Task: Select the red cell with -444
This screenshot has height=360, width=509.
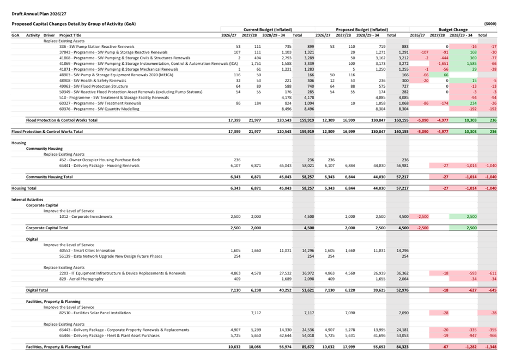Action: (x=442, y=58)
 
